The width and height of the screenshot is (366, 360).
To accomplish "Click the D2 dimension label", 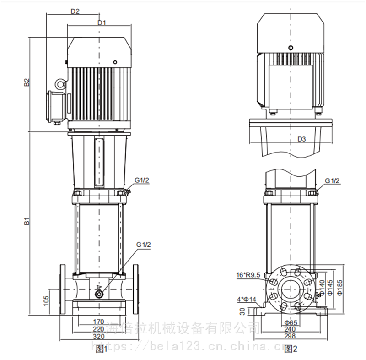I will click(x=75, y=11).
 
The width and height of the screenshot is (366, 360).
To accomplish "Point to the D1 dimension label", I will click(x=102, y=22).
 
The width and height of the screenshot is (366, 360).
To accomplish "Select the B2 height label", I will click(x=27, y=82).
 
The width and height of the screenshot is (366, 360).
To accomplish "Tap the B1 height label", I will click(x=27, y=223).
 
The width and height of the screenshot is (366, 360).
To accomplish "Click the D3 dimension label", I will click(x=302, y=138).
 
